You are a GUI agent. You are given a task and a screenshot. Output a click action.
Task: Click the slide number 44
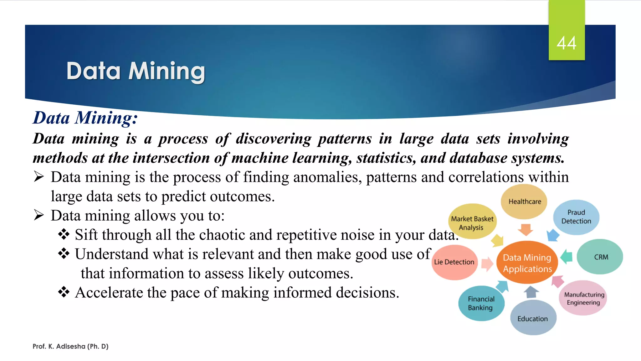tap(566, 43)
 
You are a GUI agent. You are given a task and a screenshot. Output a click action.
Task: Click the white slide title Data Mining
tap(136, 71)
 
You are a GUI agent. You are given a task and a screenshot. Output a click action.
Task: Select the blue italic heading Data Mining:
tap(85, 118)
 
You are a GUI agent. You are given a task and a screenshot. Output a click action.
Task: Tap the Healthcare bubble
tap(524, 201)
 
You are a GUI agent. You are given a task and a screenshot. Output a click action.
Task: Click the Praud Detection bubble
tap(576, 217)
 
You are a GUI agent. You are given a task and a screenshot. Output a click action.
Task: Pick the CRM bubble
tap(600, 257)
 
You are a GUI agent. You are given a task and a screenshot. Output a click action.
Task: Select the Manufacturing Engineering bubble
tap(583, 298)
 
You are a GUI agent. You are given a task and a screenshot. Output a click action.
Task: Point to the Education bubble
tap(533, 318)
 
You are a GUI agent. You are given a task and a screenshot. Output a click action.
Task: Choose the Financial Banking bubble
tap(481, 303)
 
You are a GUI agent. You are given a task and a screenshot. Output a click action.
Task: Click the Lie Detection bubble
tap(454, 262)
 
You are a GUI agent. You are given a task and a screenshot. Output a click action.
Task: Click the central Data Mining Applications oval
tap(527, 263)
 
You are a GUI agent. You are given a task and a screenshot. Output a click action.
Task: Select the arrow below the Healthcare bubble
tap(526, 230)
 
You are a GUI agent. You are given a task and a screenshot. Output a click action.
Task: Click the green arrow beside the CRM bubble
tap(567, 257)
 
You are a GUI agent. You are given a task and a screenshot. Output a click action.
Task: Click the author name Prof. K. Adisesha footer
tap(70, 346)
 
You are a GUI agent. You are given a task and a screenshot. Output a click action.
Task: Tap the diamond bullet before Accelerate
tap(64, 292)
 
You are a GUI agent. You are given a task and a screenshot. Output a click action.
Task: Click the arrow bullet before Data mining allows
tap(39, 215)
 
